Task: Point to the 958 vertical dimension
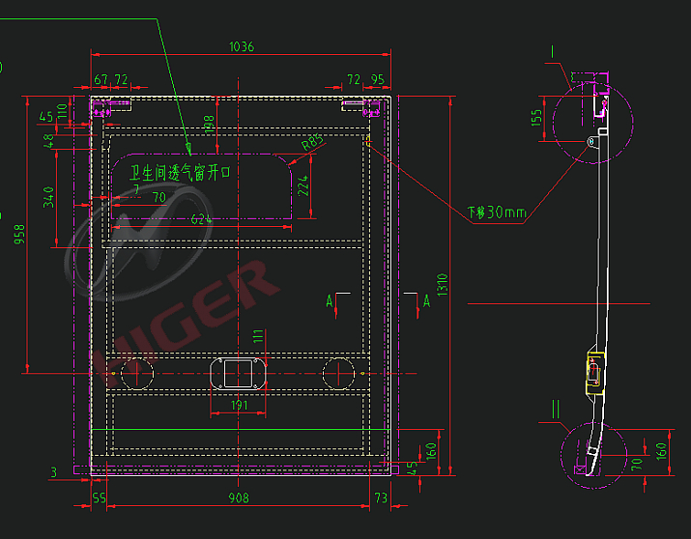(18, 234)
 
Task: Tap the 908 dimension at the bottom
(239, 498)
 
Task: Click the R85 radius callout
(311, 142)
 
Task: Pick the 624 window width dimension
(200, 219)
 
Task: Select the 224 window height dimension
(303, 186)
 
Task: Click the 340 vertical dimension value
(48, 199)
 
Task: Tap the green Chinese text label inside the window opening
(182, 173)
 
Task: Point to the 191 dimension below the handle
(241, 406)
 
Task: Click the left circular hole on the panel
(137, 372)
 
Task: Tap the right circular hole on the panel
(340, 372)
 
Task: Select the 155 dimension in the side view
(537, 118)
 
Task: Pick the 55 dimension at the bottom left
(99, 498)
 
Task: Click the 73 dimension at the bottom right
(380, 498)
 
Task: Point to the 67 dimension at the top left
(101, 79)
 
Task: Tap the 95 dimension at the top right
(377, 79)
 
